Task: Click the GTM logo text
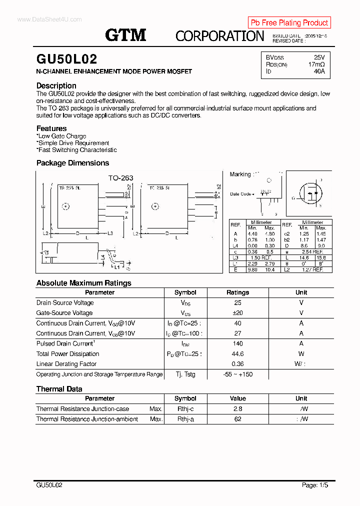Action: pos(125,34)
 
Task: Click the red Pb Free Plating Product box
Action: pos(289,22)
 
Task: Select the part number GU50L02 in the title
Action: pos(66,59)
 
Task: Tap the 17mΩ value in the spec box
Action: pos(316,64)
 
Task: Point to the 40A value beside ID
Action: pos(319,71)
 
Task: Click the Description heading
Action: pos(56,85)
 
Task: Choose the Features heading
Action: pos(51,128)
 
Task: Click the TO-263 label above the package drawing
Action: pos(121,177)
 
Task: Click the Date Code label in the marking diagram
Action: pos(240,194)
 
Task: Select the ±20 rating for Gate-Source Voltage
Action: pos(237,313)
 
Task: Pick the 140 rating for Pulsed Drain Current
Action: pos(237,343)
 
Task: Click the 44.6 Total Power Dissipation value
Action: pos(237,354)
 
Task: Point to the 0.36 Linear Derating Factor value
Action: pos(237,364)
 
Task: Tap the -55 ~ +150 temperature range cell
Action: pos(237,374)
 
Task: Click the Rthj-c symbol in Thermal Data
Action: pos(185,409)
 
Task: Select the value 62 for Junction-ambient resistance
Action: pos(237,419)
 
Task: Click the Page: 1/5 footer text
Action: pos(315,485)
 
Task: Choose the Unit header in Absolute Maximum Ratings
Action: pos(301,292)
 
